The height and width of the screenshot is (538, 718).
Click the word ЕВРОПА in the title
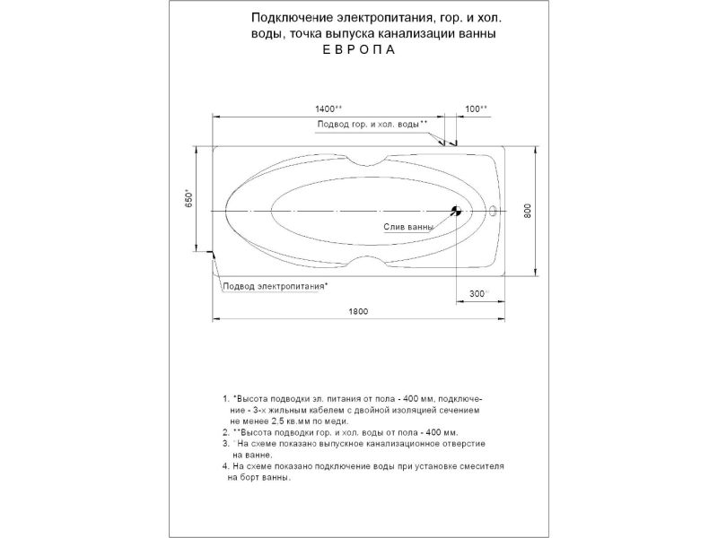(x=357, y=51)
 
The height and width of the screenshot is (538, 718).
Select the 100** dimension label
(x=477, y=108)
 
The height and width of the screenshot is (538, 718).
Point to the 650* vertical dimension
(x=188, y=199)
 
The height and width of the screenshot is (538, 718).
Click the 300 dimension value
(x=477, y=294)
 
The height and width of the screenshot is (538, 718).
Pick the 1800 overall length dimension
(x=359, y=311)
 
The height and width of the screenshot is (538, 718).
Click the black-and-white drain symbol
(x=456, y=212)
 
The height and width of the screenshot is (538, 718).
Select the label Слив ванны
(x=408, y=228)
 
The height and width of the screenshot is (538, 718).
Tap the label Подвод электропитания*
(x=275, y=286)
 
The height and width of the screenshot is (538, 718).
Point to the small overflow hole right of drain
(x=494, y=212)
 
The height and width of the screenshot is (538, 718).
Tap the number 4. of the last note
(x=225, y=466)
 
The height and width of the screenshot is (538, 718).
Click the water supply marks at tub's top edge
(x=448, y=141)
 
